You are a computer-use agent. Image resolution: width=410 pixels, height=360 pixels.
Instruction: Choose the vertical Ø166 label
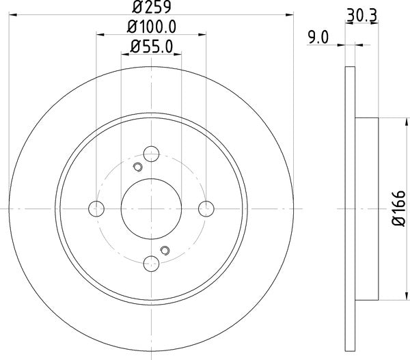(401, 208)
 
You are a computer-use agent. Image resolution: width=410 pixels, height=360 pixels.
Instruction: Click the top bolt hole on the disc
(152, 154)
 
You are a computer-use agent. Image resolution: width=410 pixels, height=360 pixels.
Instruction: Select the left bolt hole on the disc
(96, 208)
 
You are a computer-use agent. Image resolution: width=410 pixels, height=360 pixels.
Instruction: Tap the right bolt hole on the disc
(206, 208)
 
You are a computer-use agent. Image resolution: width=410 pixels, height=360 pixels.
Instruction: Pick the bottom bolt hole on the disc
(152, 262)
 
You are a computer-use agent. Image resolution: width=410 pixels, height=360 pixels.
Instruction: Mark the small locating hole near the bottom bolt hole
(164, 250)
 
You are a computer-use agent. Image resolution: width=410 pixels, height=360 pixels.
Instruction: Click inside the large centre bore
(151, 208)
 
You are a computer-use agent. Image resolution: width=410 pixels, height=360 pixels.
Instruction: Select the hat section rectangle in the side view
(366, 208)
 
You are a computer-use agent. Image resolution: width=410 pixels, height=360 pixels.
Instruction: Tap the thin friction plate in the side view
(350, 208)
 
